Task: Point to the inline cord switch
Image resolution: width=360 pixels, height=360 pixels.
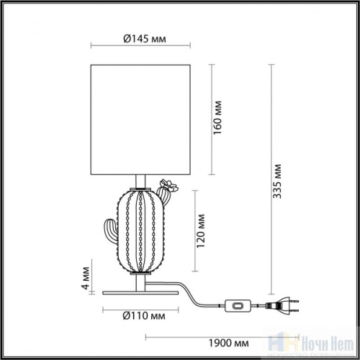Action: tap(237, 306)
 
